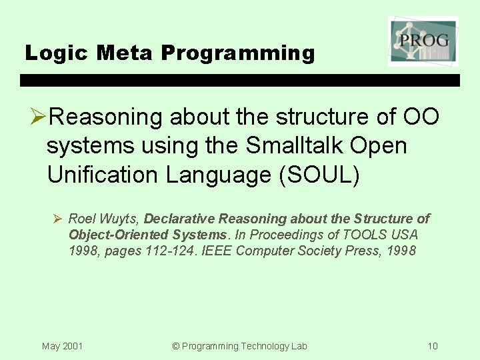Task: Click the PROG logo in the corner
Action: click(x=423, y=41)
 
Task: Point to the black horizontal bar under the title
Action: click(x=240, y=80)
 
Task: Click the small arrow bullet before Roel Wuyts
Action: click(x=58, y=219)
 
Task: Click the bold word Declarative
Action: click(x=180, y=219)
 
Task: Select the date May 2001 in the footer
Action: click(x=62, y=346)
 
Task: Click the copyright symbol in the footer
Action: click(x=176, y=346)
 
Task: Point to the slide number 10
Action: click(x=433, y=346)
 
